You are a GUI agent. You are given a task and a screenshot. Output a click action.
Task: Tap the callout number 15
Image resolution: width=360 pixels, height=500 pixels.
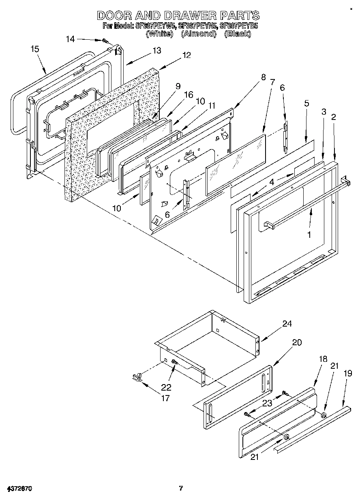[x=35, y=49]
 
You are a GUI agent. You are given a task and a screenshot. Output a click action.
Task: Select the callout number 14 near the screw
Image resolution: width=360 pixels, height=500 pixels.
[x=71, y=39]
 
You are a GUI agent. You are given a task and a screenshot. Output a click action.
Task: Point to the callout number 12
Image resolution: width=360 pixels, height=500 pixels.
[x=186, y=56]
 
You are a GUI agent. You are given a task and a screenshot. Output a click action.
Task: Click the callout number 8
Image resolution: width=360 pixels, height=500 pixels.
[x=264, y=77]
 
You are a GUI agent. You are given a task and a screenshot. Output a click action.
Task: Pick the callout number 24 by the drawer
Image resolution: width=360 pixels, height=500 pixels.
[x=287, y=324]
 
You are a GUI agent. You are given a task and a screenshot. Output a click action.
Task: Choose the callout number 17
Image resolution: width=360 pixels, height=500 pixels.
[x=165, y=398]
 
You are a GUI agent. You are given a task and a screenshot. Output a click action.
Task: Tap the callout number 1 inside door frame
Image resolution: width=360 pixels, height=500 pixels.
[x=309, y=235]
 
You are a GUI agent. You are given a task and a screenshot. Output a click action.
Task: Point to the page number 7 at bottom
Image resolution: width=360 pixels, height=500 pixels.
[x=181, y=488]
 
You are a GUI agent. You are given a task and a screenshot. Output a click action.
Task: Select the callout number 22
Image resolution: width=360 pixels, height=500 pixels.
[x=167, y=387]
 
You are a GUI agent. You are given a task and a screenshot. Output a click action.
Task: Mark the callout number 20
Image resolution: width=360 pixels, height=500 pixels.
[x=297, y=342]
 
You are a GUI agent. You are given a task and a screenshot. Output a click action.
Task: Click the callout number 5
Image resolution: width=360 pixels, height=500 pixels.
[x=307, y=103]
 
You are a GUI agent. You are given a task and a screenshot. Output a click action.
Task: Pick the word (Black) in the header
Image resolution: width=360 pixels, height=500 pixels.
[x=238, y=34]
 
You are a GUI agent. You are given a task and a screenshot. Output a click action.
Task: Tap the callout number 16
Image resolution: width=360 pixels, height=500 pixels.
[x=188, y=94]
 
